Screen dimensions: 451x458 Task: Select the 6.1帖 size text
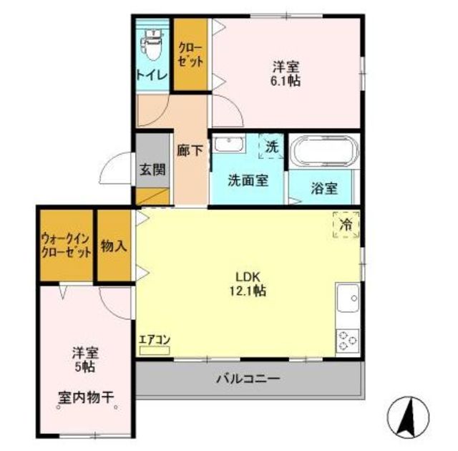point(286,81)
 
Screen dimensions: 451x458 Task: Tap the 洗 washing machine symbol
point(271,147)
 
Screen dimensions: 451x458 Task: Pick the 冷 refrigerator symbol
point(346,225)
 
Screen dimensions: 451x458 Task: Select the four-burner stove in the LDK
point(348,339)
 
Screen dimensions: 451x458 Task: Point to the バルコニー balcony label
point(248,378)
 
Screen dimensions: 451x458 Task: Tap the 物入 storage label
point(114,246)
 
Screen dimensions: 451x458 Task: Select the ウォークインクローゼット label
point(66,246)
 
